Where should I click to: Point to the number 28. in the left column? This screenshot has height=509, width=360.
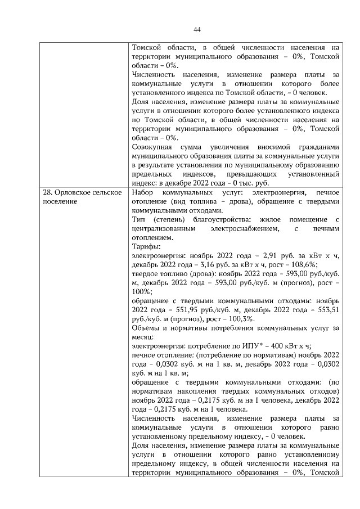(x=49, y=193)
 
